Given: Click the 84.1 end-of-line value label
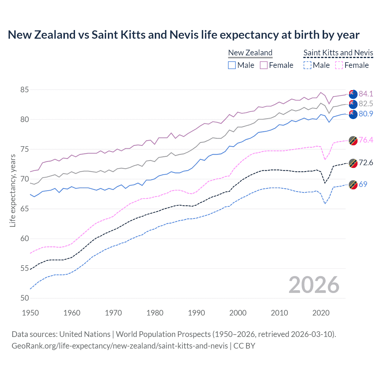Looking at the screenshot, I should pyautogui.click(x=366, y=94).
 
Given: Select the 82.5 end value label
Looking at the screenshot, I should pyautogui.click(x=366, y=104).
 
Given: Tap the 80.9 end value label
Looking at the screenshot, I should pyautogui.click(x=366, y=114).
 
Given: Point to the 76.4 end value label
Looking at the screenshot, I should pyautogui.click(x=366, y=140).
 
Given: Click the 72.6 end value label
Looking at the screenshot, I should pyautogui.click(x=366, y=163).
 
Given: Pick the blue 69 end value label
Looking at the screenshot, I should pyautogui.click(x=363, y=184).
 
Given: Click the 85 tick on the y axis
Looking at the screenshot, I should pyautogui.click(x=25, y=90).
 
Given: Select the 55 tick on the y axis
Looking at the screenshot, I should pyautogui.click(x=25, y=268).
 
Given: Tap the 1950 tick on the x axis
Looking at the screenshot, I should pyautogui.click(x=30, y=313).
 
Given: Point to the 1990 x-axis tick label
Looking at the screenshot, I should pyautogui.click(x=196, y=313).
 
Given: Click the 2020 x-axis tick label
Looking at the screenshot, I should pyautogui.click(x=321, y=313).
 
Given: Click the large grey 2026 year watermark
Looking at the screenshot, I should pyautogui.click(x=314, y=285).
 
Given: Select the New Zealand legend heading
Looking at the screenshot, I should pyautogui.click(x=250, y=53).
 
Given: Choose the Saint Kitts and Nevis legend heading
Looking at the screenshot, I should pyautogui.click(x=338, y=53).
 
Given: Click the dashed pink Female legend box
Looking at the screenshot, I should pyautogui.click(x=339, y=65).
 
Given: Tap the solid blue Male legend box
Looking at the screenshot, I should pyautogui.click(x=232, y=65).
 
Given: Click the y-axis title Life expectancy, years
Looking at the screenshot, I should pyautogui.click(x=13, y=190).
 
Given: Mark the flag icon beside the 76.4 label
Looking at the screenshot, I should pyautogui.click(x=353, y=140).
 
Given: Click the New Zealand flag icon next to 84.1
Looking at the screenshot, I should pyautogui.click(x=353, y=94).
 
